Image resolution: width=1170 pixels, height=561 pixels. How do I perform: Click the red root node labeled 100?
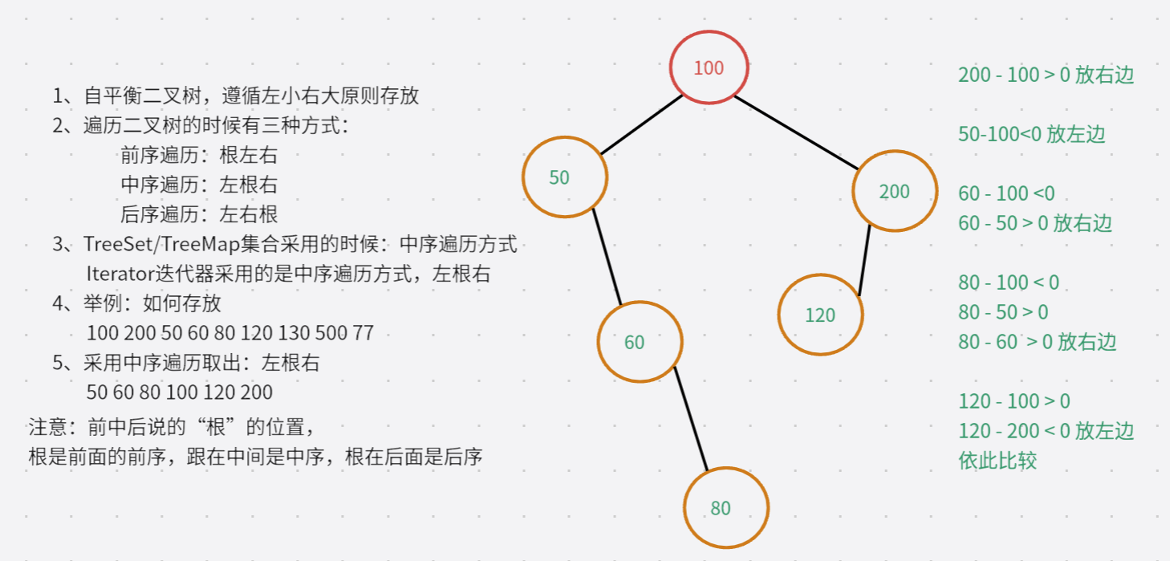click(709, 67)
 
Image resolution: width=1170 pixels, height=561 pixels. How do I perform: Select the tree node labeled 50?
click(564, 177)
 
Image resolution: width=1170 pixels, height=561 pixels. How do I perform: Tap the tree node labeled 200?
click(894, 191)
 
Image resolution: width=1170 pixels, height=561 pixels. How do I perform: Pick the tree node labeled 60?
click(639, 342)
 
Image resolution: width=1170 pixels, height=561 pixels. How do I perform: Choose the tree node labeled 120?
click(820, 315)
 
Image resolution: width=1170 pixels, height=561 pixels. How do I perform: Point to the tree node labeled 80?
click(725, 507)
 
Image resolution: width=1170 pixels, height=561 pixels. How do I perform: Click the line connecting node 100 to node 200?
click(797, 132)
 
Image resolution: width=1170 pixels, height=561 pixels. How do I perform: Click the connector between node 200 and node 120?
click(865, 261)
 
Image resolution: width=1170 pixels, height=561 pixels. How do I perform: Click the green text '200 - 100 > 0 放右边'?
click(1046, 75)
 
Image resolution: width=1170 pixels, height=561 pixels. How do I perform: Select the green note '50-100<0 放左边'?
click(1031, 134)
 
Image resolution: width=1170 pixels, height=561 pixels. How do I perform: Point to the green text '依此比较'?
click(997, 461)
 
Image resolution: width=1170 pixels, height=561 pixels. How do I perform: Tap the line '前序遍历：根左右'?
click(199, 155)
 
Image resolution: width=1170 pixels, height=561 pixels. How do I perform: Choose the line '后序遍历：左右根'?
click(199, 214)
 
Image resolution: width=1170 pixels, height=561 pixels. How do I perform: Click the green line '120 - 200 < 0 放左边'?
click(1046, 431)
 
